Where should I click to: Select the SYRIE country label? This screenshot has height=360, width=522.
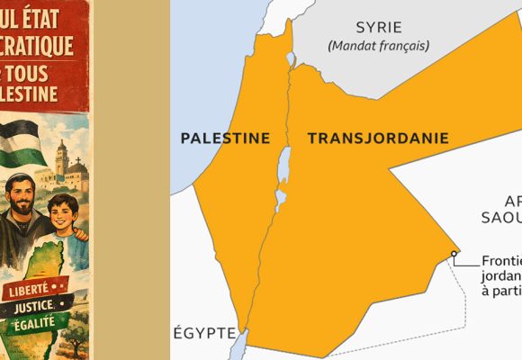pyautogui.click(x=377, y=26)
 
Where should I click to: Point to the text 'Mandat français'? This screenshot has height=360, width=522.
pyautogui.click(x=378, y=45)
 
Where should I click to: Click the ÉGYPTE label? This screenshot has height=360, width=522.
pyautogui.click(x=204, y=331)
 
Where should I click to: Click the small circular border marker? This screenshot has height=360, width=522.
pyautogui.click(x=454, y=254)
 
